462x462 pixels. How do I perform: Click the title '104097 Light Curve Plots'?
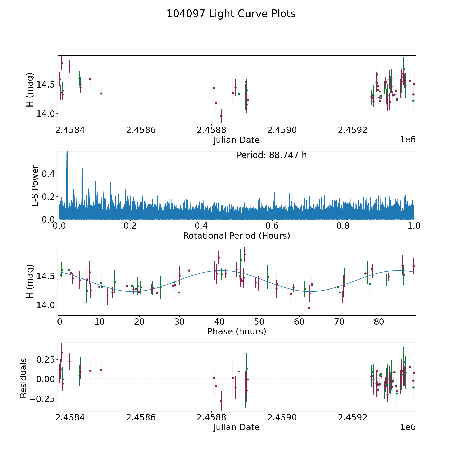pos(231,14)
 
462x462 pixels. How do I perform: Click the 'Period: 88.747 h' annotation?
pos(272,155)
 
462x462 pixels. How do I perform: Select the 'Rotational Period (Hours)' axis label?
pos(236,236)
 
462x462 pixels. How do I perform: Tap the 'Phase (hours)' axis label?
pos(236,331)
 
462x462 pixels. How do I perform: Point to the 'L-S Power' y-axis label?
pos(35,185)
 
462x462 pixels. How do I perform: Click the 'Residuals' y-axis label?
pos(23,378)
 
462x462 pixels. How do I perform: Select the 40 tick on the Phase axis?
pos(219,322)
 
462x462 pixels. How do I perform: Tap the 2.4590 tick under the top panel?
pos(282,130)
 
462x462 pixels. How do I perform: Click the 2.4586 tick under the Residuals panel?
pos(141,417)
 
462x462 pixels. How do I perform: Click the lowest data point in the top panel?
pos(221,116)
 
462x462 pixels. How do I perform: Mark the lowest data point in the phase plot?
pos(309,308)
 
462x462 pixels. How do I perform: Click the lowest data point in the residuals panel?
pos(221,401)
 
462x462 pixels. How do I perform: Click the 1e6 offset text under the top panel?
pos(408,140)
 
